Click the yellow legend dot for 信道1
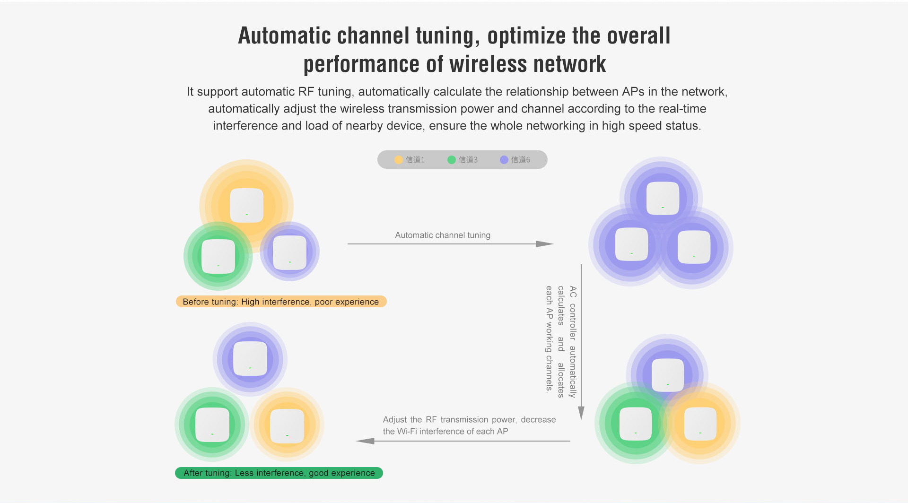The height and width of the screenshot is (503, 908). (x=399, y=160)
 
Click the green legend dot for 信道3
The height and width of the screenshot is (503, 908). (x=452, y=160)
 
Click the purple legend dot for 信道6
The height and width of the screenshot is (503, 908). (x=504, y=160)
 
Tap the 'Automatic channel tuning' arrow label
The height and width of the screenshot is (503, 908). (x=443, y=235)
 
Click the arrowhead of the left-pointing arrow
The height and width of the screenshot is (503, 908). (x=366, y=441)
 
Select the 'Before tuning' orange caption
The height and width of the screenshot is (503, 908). (x=281, y=302)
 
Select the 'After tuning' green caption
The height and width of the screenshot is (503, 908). (x=279, y=473)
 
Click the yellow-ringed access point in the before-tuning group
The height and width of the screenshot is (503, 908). (x=246, y=205)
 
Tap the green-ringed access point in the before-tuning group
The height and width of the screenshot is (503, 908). (x=218, y=256)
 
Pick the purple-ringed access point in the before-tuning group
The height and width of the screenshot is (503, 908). (x=290, y=252)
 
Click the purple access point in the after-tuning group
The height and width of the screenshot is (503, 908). (x=250, y=358)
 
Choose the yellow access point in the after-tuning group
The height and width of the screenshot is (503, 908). (x=287, y=425)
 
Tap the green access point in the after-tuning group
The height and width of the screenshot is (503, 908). (x=212, y=425)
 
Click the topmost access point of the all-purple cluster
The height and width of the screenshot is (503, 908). (x=663, y=198)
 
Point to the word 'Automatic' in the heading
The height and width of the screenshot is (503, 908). (x=284, y=36)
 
